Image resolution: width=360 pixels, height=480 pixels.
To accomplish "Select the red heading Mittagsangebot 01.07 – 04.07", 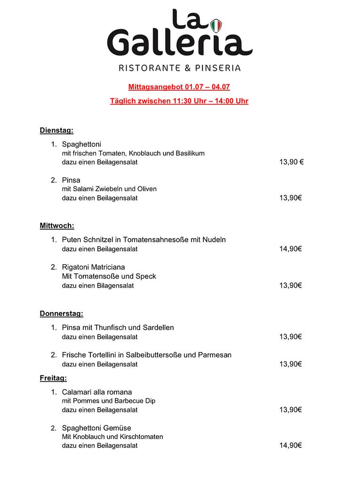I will click(179, 87).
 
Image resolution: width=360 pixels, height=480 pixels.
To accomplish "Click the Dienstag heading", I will click(56, 130).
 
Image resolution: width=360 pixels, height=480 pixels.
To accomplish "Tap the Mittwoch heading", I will click(57, 225).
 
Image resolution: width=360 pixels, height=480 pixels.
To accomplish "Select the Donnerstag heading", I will click(61, 313).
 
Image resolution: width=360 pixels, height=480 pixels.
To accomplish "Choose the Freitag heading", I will click(53, 377).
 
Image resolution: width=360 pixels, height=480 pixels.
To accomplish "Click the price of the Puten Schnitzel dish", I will click(290, 248).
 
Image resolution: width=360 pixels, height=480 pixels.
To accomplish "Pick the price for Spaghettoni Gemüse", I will click(290, 445).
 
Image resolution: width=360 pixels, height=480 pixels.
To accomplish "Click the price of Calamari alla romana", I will click(290, 409).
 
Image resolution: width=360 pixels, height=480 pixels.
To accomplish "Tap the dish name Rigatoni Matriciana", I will click(93, 267).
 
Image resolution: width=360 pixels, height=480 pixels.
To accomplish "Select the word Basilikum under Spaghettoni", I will click(189, 153).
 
